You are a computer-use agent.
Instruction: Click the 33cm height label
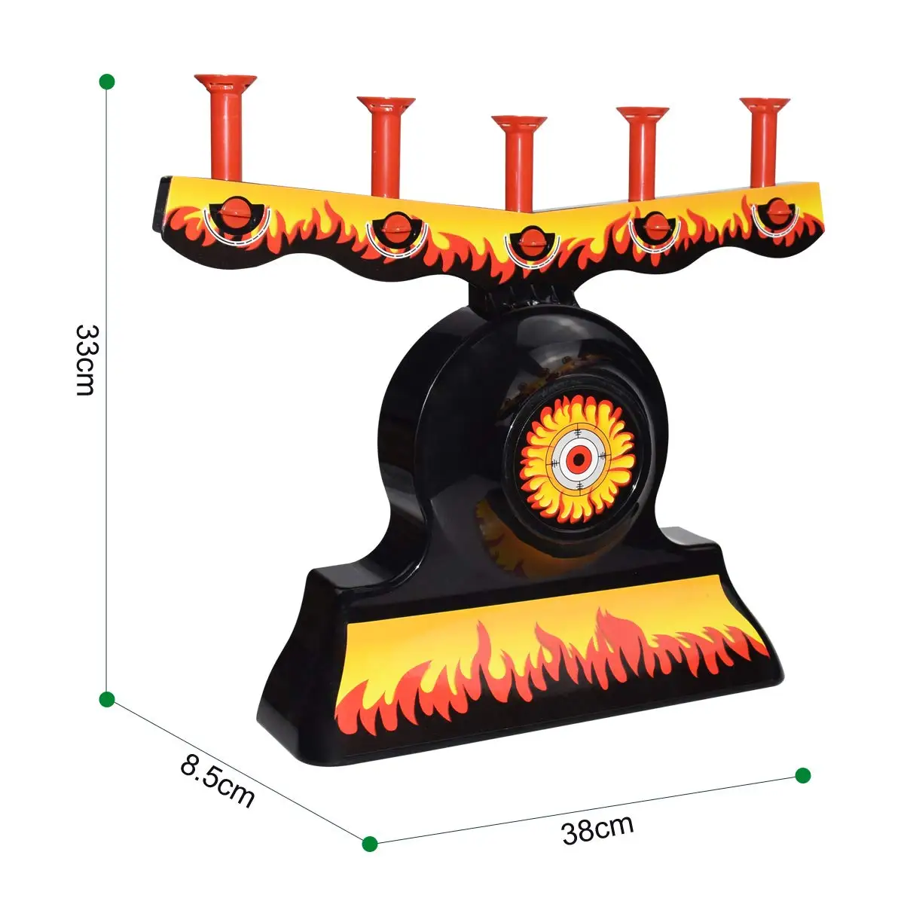pos(87,360)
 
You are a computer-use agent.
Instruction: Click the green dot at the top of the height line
pos(107,81)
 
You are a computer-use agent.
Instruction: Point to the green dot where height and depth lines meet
pos(107,699)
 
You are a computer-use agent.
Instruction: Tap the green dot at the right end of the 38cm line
pos(802,775)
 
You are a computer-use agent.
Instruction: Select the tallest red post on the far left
pos(226,127)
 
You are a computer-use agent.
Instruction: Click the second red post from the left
pos(386,147)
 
